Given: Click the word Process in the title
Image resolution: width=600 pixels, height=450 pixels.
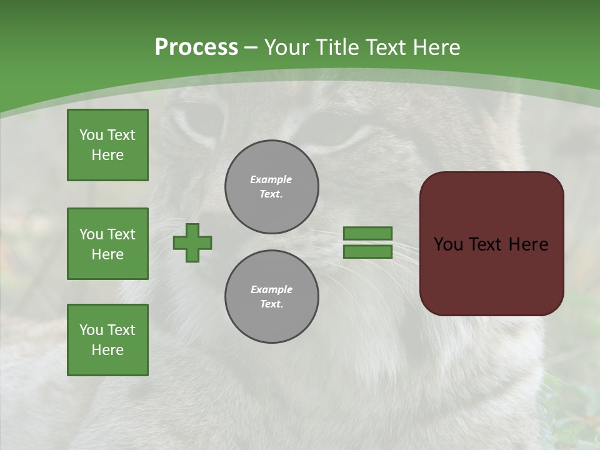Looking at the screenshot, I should coord(196,47).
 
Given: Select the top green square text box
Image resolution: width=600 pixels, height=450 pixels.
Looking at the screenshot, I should coord(107,145).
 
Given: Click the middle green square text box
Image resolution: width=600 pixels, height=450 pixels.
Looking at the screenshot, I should coord(107,244).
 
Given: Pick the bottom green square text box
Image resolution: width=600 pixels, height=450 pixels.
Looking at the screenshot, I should coord(107,340).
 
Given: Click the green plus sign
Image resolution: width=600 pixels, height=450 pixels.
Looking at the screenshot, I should coord(192,242).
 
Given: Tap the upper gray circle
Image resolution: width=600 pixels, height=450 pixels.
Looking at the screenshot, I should coord(272,187).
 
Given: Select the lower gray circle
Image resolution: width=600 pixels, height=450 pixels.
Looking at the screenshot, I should coord(272,297).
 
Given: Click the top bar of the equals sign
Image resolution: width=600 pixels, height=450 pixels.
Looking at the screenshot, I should coord(367,233).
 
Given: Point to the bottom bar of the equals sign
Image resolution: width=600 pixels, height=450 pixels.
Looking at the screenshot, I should coord(367,252).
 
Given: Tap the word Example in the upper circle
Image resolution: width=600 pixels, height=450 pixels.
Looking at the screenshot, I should coord(271,179).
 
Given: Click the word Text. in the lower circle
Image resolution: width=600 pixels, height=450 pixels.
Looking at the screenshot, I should coord(271,304).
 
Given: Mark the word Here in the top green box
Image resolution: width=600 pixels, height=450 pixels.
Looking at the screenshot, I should coord(107,155).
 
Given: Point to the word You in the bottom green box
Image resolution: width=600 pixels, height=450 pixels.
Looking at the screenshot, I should coord(91,330).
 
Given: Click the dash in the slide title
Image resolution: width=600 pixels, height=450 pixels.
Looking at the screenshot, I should coord(251,48).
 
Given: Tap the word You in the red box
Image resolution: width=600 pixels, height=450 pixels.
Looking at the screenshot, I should coord(448,244).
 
